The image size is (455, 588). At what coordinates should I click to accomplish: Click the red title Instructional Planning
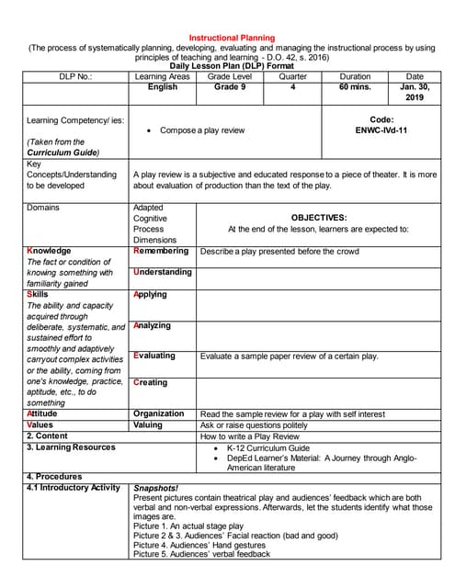(x=227, y=27)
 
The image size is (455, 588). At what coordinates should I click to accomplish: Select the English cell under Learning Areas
(x=162, y=87)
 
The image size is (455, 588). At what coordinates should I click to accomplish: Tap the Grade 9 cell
(x=229, y=87)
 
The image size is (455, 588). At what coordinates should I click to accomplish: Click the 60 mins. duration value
(x=355, y=87)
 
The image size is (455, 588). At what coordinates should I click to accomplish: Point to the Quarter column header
(x=293, y=77)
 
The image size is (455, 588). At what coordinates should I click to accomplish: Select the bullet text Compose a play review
(x=202, y=130)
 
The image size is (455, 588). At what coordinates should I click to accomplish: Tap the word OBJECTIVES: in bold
(x=318, y=218)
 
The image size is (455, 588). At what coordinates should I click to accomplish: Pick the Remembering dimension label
(x=161, y=251)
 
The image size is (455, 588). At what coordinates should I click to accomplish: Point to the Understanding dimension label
(x=162, y=272)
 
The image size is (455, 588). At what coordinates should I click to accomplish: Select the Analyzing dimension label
(x=152, y=326)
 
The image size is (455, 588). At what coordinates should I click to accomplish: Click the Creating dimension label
(x=151, y=382)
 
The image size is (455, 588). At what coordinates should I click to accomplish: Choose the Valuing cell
(x=148, y=425)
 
